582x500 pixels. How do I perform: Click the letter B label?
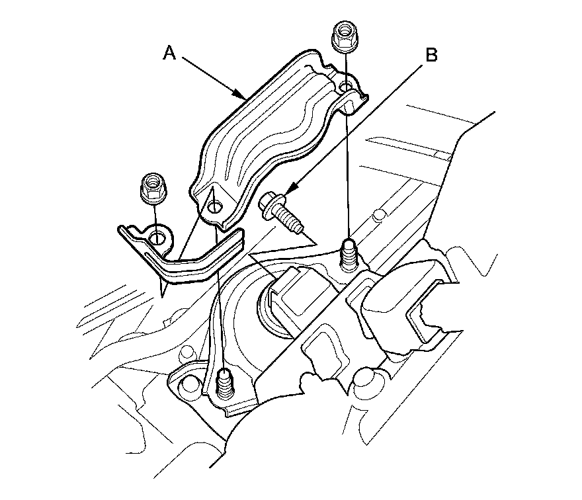pyautogui.click(x=431, y=56)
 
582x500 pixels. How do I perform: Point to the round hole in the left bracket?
pyautogui.click(x=158, y=237)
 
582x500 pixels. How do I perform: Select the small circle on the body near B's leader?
pyautogui.click(x=380, y=214)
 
